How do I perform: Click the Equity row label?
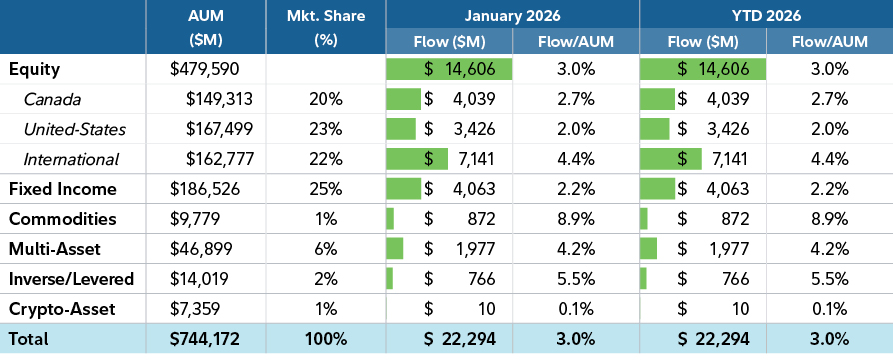[35, 70]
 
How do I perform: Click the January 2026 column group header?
[512, 16]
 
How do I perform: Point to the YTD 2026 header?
[766, 16]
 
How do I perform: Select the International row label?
[72, 159]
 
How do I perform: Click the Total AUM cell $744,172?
[207, 340]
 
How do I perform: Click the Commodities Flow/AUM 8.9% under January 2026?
[575, 219]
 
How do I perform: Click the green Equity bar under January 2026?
[449, 70]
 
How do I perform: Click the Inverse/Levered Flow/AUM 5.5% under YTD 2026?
[828, 279]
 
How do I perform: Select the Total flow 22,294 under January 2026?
[459, 340]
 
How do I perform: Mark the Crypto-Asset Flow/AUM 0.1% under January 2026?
[575, 309]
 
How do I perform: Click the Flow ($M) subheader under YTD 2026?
[702, 42]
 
